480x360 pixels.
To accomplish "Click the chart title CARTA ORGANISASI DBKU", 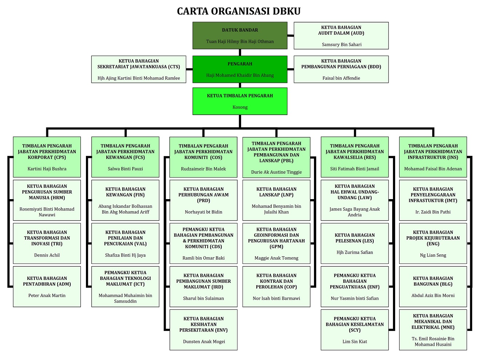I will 239,11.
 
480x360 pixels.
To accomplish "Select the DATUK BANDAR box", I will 240,35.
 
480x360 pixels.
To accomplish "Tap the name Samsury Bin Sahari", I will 342,44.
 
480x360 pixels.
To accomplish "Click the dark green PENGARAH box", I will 240,69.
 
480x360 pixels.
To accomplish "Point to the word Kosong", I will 240,107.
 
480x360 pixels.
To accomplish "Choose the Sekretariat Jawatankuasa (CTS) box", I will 138,69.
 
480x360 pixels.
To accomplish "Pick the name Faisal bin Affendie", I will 341,78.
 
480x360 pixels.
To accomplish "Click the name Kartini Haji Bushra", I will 47,169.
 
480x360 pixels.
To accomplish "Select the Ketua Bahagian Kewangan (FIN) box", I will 125,200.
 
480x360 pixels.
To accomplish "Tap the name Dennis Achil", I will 47,255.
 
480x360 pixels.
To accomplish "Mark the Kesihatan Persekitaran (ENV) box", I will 203,329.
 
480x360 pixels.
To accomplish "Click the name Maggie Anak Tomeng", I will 276,258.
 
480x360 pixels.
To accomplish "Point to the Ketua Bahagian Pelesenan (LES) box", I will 354,243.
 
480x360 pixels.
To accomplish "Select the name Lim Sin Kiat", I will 355,341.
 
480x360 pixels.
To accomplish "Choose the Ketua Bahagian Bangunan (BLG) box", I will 433,286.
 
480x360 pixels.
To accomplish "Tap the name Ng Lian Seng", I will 433,255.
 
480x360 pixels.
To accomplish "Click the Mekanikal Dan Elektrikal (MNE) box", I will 433,329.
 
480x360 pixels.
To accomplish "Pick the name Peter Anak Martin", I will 47,296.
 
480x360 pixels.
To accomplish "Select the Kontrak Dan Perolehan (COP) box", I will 276,286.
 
